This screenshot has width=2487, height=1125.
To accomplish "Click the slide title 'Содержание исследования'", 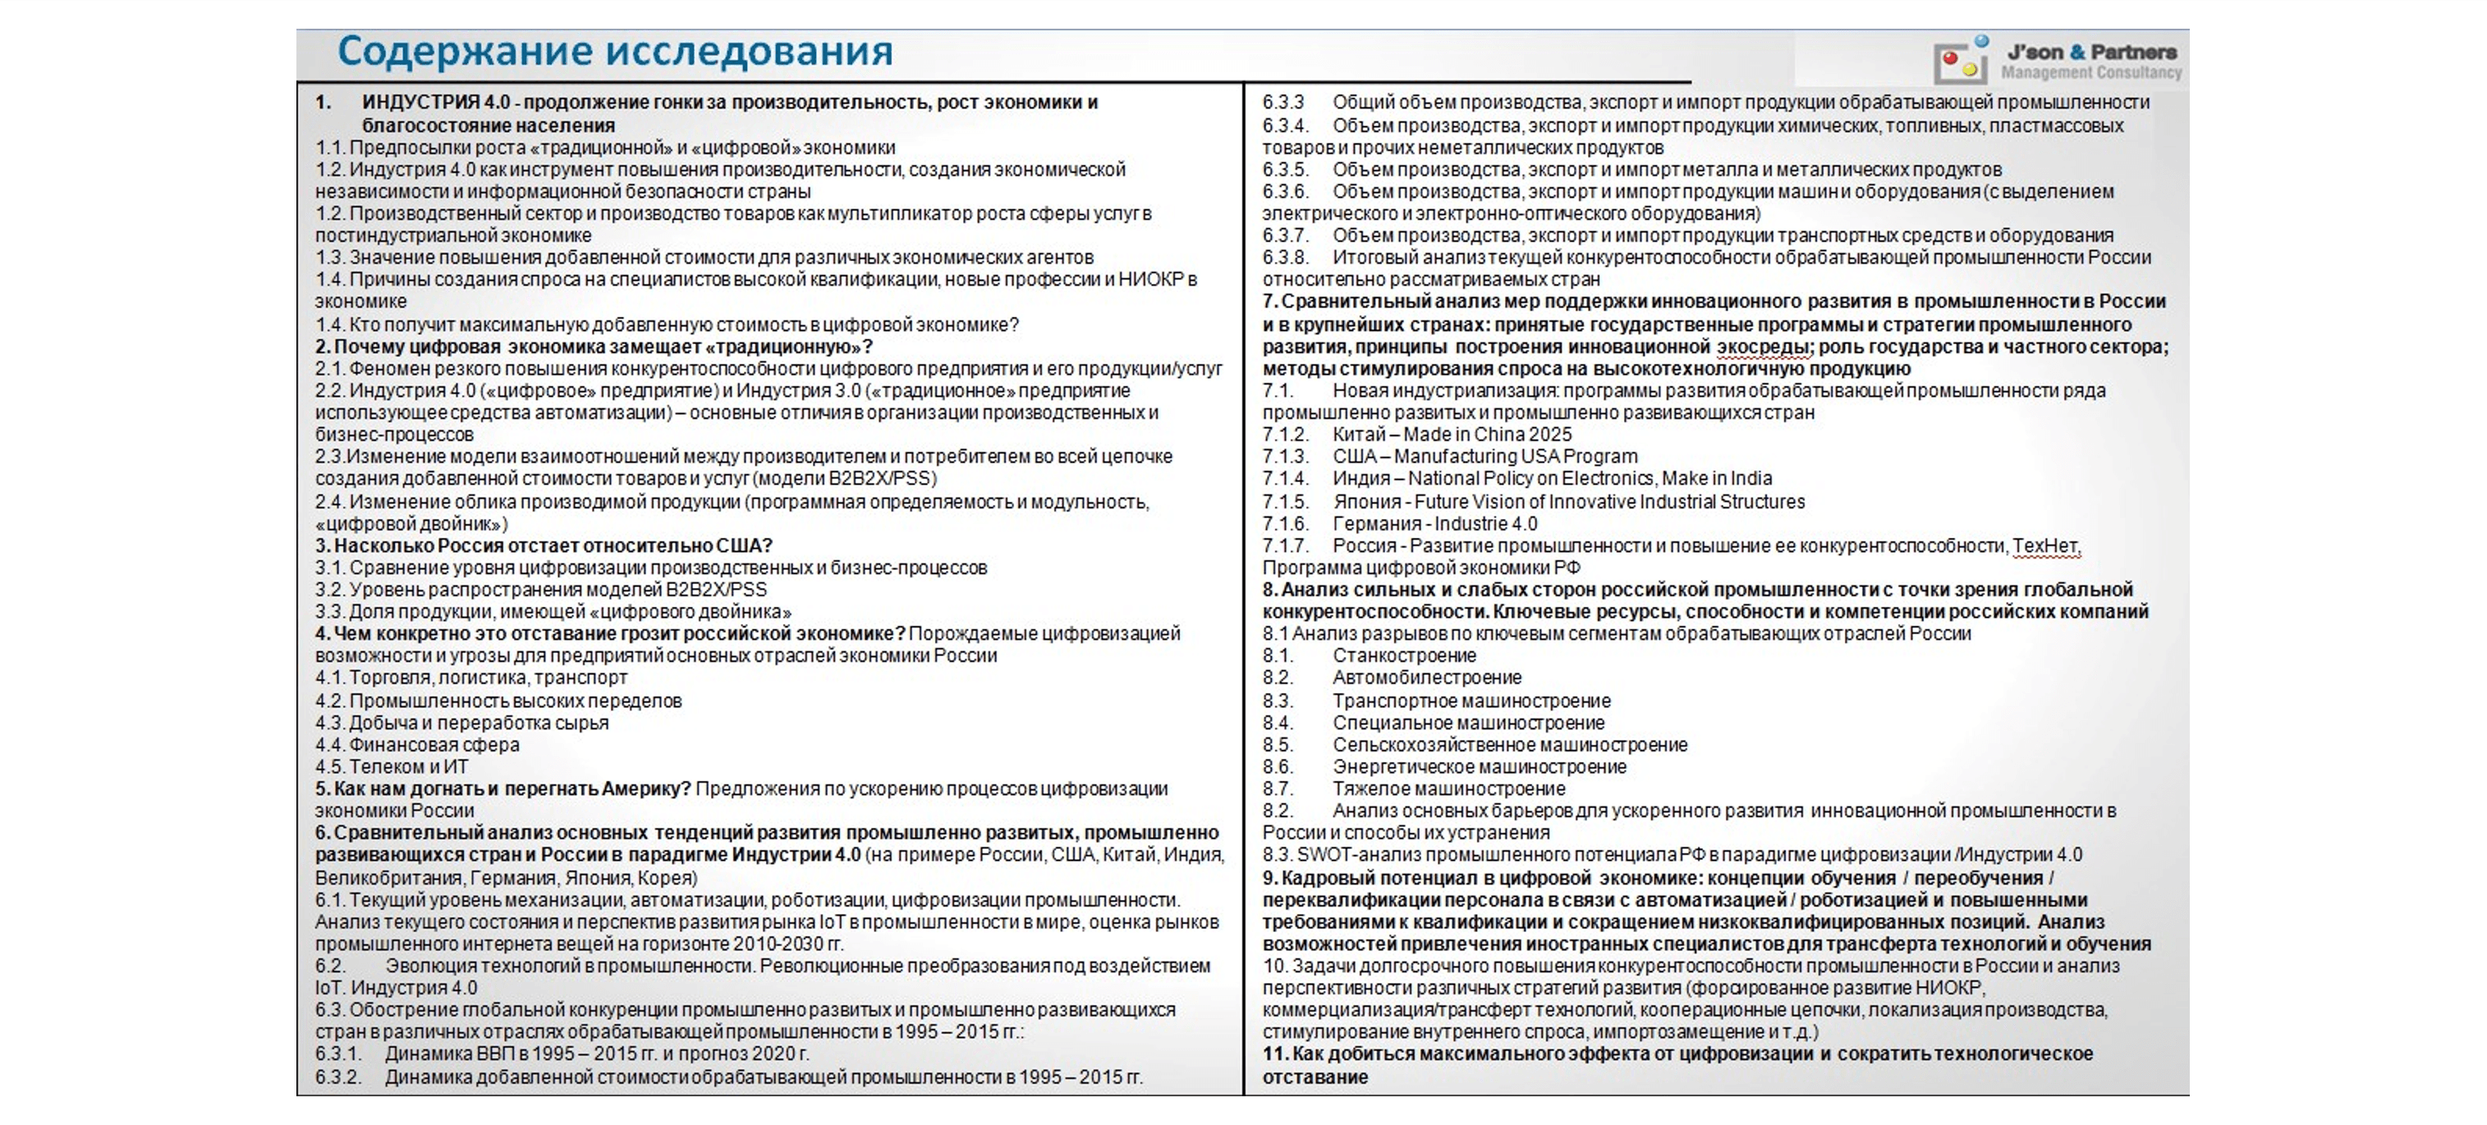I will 615,51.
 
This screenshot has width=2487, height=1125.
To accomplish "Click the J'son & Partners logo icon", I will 1959,62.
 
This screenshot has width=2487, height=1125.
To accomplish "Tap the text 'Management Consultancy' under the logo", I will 2090,73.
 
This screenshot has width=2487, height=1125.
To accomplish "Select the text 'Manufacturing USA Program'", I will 1515,457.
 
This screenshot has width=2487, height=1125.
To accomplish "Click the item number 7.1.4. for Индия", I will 1285,479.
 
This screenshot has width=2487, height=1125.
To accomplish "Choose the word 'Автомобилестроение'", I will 1427,678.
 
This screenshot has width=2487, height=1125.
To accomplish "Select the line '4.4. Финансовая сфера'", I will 417,745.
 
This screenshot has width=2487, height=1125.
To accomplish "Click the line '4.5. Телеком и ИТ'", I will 391,767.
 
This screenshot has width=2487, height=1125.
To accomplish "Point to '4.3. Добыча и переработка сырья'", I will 461,723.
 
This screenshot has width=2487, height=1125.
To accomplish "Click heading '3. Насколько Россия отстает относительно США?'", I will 544,545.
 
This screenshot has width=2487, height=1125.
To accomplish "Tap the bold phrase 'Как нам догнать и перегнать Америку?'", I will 512,789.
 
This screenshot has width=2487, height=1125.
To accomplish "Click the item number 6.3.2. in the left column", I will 338,1077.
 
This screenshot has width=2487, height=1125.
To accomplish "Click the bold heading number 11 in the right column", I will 1274,1054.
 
